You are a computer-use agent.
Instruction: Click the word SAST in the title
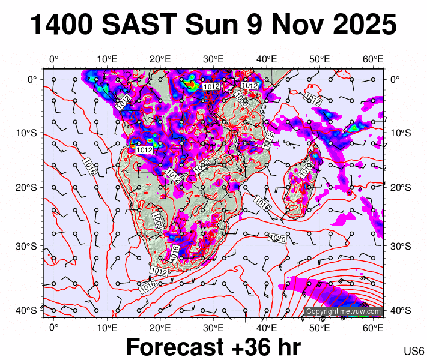141,25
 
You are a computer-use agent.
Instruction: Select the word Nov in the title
292,25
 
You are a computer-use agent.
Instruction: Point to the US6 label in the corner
414,350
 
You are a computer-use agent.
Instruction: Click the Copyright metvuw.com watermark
343,311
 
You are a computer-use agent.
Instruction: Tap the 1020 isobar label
277,239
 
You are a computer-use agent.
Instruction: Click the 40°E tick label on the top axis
267,59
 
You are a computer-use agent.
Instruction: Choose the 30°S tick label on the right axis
399,247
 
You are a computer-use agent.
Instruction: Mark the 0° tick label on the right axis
396,79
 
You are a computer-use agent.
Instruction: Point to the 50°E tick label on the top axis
320,59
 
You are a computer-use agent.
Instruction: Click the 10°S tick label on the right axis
399,133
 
